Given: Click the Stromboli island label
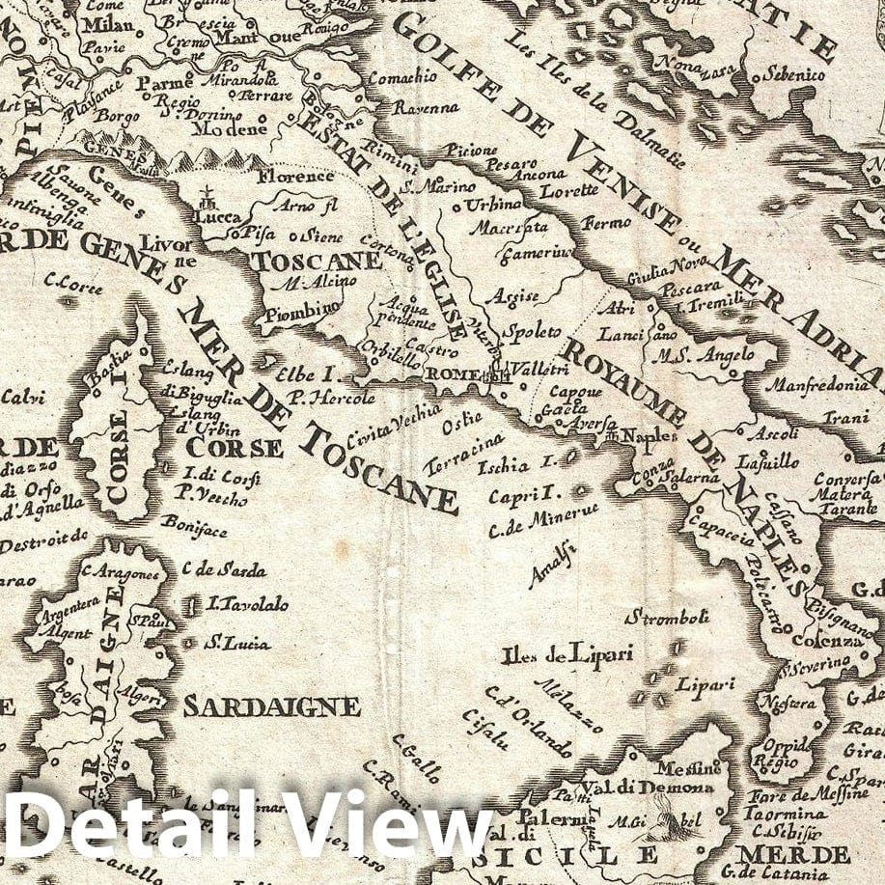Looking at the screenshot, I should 668,617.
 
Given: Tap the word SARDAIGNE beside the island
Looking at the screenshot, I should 271,705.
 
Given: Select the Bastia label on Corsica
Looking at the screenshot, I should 105,370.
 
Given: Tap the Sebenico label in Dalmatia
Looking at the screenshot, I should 794,73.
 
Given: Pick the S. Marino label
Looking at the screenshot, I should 439,185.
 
